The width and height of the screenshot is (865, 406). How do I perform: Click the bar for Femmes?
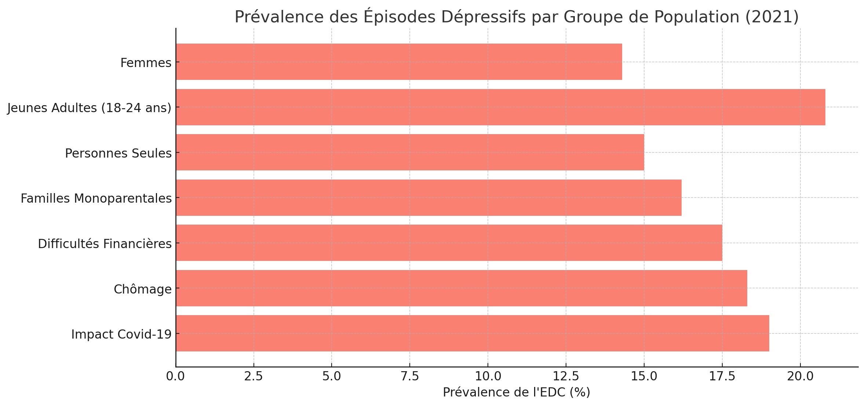[x=399, y=62]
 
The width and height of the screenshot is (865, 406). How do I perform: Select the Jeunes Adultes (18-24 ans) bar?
[x=500, y=107]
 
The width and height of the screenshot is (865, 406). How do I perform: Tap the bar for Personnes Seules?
[x=410, y=152]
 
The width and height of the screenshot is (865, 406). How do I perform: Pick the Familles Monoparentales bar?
[x=428, y=198]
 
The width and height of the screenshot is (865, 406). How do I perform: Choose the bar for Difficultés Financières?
[x=449, y=243]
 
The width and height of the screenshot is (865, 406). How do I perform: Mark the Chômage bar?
[x=461, y=288]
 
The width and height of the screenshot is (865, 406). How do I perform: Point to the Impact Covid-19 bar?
[x=472, y=333]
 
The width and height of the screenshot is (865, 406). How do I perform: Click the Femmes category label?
[x=146, y=63]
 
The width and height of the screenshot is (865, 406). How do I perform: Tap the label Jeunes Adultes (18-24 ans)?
[x=89, y=108]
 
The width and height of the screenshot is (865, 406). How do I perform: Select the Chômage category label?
[x=142, y=289]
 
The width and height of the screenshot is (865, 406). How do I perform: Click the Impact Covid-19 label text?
[x=121, y=335]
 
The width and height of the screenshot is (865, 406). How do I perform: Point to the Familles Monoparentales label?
[x=96, y=199]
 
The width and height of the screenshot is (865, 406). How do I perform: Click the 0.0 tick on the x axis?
[x=176, y=376]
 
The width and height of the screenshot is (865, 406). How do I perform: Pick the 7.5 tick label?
[x=410, y=376]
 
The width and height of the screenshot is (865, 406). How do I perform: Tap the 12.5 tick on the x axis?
[x=566, y=376]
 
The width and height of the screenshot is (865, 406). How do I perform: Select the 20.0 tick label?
[x=800, y=376]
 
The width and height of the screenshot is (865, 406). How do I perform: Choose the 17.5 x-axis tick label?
[x=722, y=376]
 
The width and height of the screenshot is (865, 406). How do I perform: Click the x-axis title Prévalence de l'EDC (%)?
[x=516, y=392]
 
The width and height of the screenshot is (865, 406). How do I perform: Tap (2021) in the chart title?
[x=771, y=17]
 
